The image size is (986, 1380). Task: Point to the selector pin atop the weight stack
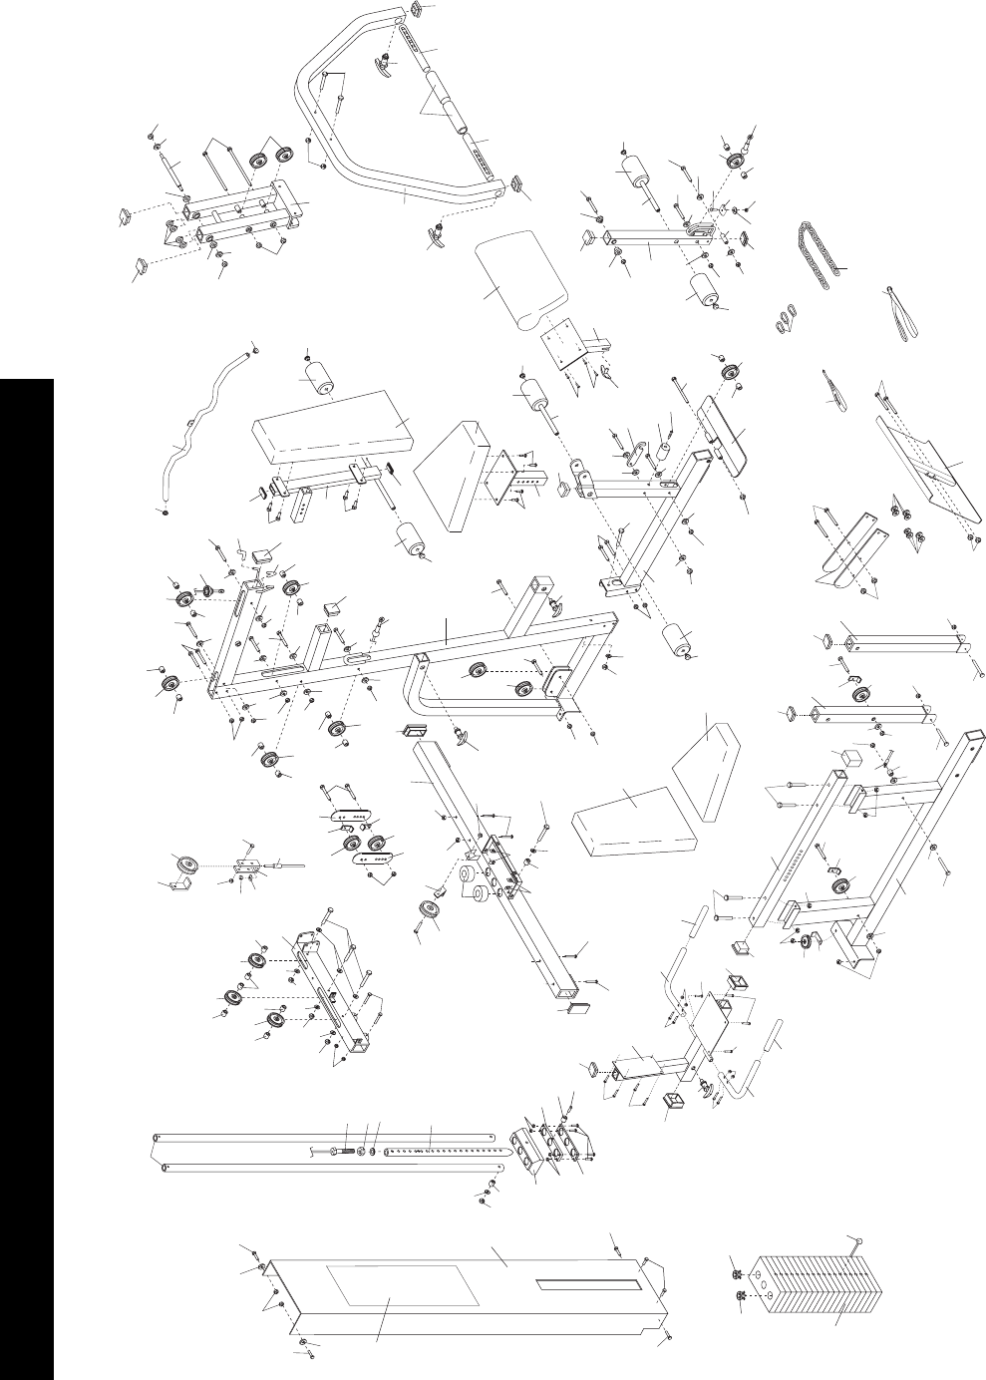tap(854, 1242)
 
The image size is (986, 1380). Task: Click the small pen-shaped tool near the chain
tap(834, 389)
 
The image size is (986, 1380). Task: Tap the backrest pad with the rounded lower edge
tap(519, 273)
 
